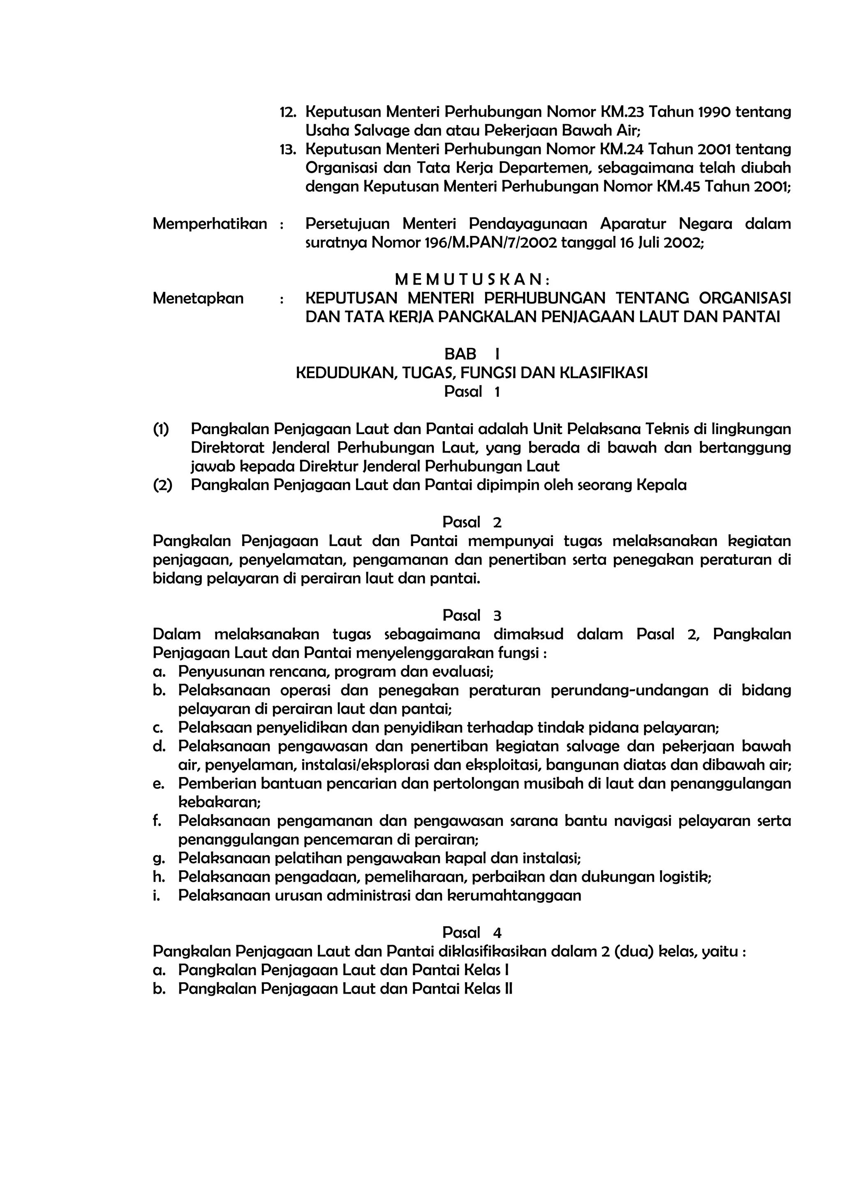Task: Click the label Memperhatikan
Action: pos(210,224)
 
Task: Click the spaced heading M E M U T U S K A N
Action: pos(472,280)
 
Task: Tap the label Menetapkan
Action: pos(198,299)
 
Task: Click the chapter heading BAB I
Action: pos(472,354)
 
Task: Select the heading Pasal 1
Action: pos(472,392)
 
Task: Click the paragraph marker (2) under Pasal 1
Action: pos(162,485)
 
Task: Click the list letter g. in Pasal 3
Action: pos(159,858)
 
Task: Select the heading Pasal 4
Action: pos(472,933)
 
